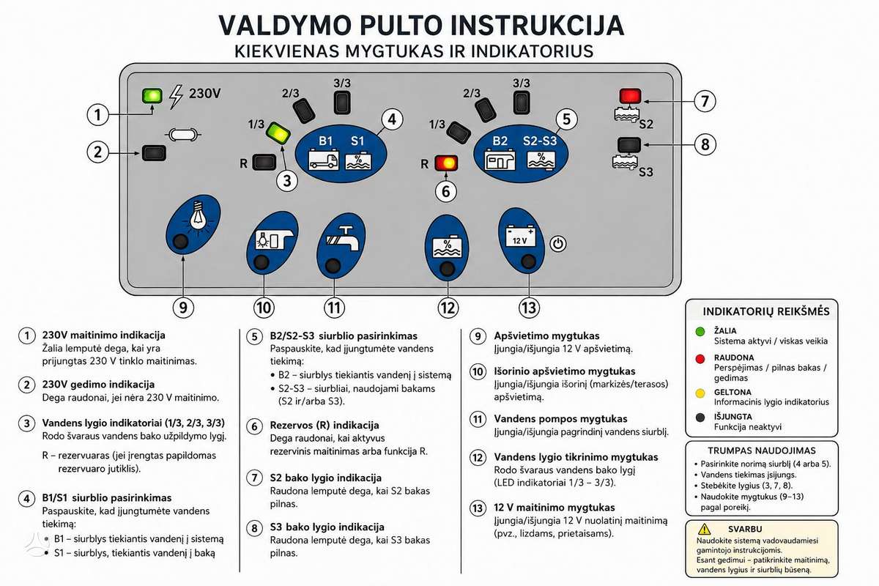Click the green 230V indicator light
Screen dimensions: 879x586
pyautogui.click(x=152, y=95)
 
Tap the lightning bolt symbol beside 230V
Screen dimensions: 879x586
pyautogui.click(x=176, y=97)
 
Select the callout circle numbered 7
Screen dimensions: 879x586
pyautogui.click(x=705, y=101)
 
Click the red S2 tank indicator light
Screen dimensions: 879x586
pyautogui.click(x=630, y=96)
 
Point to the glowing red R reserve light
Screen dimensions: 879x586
pyautogui.click(x=446, y=163)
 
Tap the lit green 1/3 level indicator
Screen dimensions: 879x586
pyautogui.click(x=278, y=133)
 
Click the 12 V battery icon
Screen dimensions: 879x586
pyautogui.click(x=520, y=236)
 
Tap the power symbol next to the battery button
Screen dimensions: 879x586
pyautogui.click(x=557, y=244)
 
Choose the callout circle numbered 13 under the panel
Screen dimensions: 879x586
pyautogui.click(x=529, y=308)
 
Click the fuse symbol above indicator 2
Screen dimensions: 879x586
pyautogui.click(x=183, y=135)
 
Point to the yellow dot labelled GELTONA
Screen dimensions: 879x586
pyautogui.click(x=700, y=393)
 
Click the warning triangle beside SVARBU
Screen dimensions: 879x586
pyautogui.click(x=705, y=529)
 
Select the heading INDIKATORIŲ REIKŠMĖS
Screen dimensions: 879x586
pyautogui.click(x=766, y=311)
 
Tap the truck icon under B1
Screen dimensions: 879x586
pyautogui.click(x=323, y=160)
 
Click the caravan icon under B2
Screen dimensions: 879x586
pyautogui.click(x=500, y=160)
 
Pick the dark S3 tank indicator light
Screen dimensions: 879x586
pyautogui.click(x=629, y=145)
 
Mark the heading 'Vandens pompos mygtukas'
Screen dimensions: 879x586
pyautogui.click(x=560, y=419)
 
